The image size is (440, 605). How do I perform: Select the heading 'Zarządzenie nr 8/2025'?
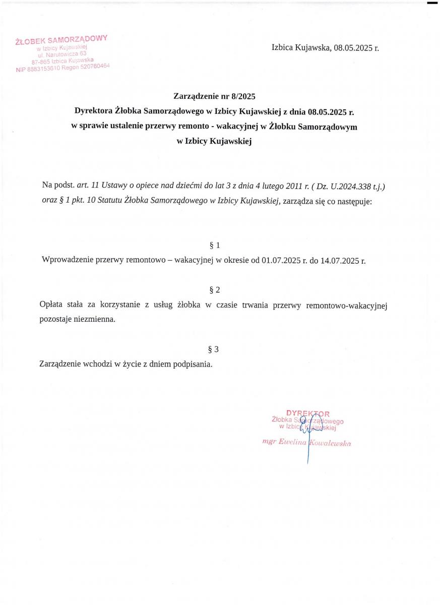(215, 95)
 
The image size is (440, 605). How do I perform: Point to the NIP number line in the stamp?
(62, 68)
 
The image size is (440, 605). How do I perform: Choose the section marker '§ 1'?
(214, 246)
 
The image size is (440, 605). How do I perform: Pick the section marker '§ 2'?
(214, 290)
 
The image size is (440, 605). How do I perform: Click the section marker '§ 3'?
(213, 349)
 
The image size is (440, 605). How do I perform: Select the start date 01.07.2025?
(281, 261)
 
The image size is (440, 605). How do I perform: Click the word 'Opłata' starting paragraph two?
(51, 305)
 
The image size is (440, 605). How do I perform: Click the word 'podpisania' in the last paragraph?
(192, 364)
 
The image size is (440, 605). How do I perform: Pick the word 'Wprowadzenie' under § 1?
(66, 261)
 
